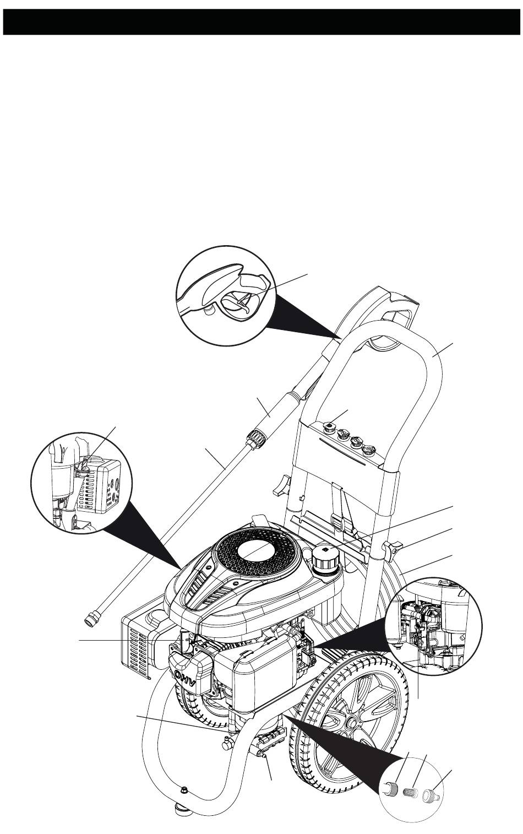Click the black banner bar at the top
pyautogui.click(x=261, y=21)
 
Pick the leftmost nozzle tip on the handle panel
pyautogui.click(x=329, y=426)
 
